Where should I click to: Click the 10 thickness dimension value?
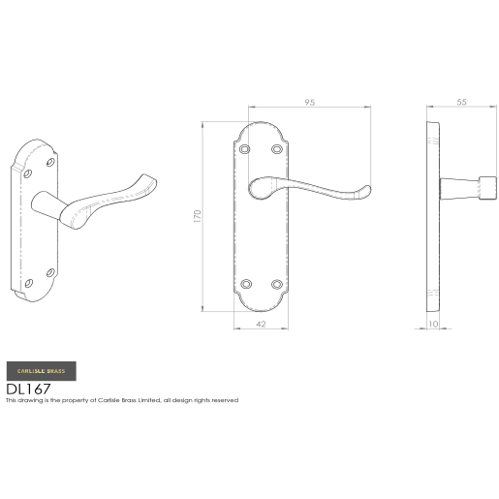tap(435, 324)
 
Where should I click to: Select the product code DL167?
tap(29, 388)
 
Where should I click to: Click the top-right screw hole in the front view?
tap(278, 149)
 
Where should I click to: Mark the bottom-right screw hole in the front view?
tap(278, 284)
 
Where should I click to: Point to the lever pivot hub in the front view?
tap(259, 188)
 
